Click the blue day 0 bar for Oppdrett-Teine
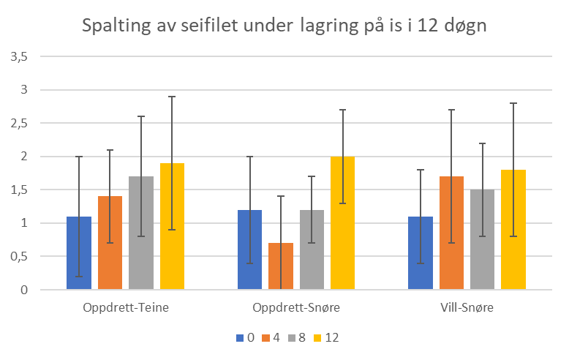(79, 252)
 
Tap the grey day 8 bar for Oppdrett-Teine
(141, 233)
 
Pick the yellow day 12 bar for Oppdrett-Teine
(172, 226)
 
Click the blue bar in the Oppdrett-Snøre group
(249, 250)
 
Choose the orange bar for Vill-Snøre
(451, 233)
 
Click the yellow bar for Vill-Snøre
(513, 230)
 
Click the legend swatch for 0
(240, 338)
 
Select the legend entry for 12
(325, 338)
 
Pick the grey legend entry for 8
(296, 338)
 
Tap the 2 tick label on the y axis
(25, 157)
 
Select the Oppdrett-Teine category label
(126, 307)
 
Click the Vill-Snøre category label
(467, 307)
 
